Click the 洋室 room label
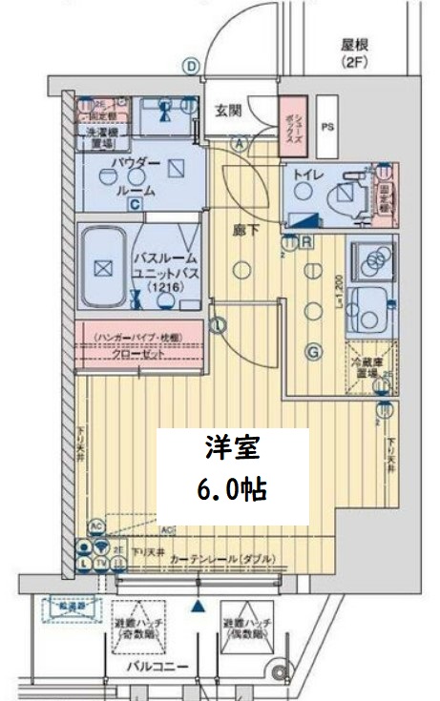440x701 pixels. pyautogui.click(x=232, y=448)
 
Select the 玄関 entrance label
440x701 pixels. pyautogui.click(x=226, y=110)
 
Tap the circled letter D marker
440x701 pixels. pyautogui.click(x=192, y=66)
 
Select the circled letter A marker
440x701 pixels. pyautogui.click(x=239, y=144)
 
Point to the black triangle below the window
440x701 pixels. pyautogui.click(x=198, y=606)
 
